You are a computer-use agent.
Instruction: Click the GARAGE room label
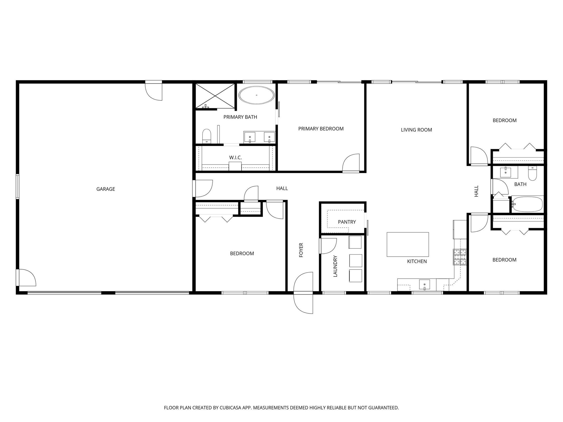click(106, 189)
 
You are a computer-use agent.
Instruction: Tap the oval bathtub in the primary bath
click(256, 95)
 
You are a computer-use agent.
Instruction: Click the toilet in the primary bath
click(206, 136)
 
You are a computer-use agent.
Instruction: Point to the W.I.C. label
click(235, 157)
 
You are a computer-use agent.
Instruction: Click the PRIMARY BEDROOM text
click(321, 129)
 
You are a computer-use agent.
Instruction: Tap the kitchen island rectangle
click(408, 244)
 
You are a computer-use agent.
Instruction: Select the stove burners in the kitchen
click(460, 257)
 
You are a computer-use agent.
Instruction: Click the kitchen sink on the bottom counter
click(424, 285)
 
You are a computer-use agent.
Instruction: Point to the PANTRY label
click(347, 222)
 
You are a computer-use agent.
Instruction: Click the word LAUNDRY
click(335, 266)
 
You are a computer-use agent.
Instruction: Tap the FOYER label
click(301, 250)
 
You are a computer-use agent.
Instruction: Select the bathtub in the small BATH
click(527, 204)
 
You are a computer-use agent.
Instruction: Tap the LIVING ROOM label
click(416, 130)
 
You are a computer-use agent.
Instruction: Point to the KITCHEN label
click(417, 261)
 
